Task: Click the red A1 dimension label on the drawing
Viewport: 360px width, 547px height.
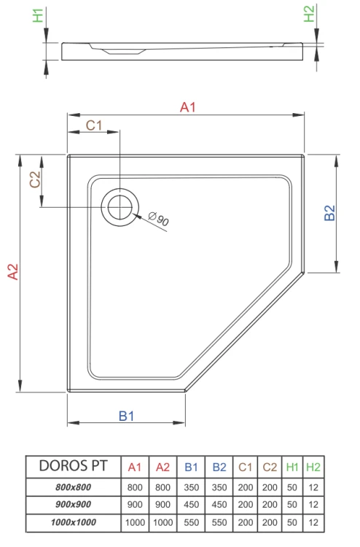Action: (188, 107)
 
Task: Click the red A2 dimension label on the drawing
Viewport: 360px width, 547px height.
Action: (12, 271)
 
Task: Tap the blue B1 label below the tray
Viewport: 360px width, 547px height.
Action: (127, 416)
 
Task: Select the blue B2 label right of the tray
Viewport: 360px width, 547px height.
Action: (329, 213)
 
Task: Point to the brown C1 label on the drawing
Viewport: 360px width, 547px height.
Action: (93, 125)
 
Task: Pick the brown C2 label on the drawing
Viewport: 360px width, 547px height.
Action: (34, 179)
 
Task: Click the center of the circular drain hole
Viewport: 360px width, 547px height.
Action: (118, 207)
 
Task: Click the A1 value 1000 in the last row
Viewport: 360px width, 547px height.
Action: (134, 523)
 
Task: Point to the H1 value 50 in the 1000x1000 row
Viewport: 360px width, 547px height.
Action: (291, 523)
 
